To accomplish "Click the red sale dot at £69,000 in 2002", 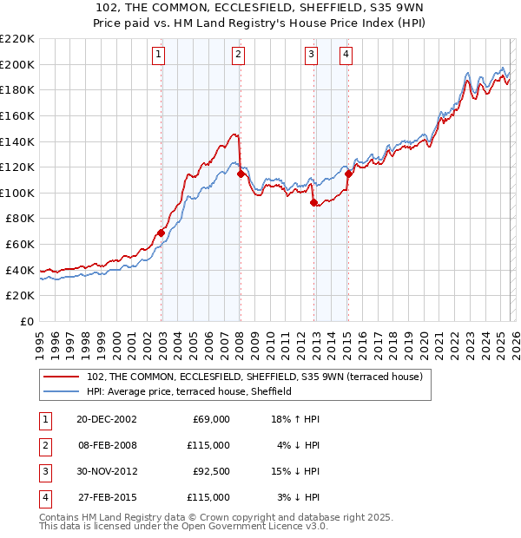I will [162, 233].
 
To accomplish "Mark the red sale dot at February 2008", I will [241, 174].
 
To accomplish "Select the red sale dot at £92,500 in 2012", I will [313, 202].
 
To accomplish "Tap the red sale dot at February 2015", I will [348, 174].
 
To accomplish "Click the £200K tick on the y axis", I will [18, 64].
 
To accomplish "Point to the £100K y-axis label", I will [18, 193].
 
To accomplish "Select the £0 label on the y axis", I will [26, 321].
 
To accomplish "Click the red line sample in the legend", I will [62, 377].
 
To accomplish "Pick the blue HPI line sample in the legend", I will [62, 391].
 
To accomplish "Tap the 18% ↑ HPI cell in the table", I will [296, 419].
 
